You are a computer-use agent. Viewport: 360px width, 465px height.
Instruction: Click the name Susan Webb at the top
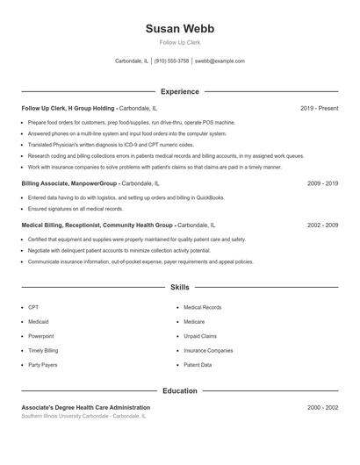click(179, 28)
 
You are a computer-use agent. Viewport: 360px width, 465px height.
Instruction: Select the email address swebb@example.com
click(219, 61)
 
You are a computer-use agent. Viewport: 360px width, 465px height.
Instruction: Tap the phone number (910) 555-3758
click(172, 61)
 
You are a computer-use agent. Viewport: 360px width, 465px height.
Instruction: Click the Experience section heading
click(179, 91)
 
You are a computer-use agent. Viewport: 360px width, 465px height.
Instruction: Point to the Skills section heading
click(179, 287)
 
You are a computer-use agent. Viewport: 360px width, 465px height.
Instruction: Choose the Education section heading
click(179, 390)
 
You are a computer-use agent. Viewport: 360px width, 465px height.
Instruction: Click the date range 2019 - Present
click(319, 108)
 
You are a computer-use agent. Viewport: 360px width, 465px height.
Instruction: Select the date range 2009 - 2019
click(322, 183)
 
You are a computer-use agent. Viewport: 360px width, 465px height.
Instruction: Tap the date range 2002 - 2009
click(322, 225)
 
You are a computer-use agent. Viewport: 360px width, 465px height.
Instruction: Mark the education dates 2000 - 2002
click(322, 408)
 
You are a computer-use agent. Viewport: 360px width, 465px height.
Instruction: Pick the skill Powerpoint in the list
click(41, 336)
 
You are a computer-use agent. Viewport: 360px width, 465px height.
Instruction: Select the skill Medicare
click(196, 322)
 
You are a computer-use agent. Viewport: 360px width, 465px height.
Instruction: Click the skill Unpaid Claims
click(200, 336)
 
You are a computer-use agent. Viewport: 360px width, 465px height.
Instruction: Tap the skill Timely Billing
click(43, 350)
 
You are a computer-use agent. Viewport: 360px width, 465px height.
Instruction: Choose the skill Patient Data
click(198, 364)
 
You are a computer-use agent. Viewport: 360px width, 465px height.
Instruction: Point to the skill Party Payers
click(43, 364)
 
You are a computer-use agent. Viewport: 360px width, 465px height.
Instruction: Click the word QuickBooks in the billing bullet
click(209, 198)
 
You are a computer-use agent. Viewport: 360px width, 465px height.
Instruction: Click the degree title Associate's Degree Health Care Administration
click(86, 408)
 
